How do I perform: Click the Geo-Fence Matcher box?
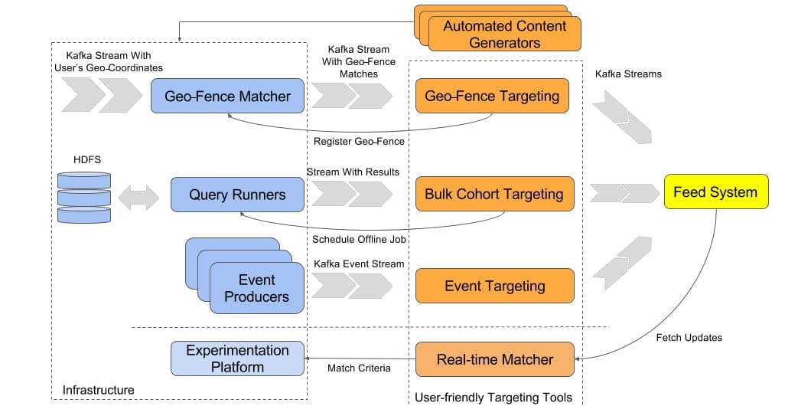coord(227,97)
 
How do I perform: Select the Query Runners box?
coord(237,195)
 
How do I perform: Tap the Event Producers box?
coord(256,288)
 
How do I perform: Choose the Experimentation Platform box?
coord(237,359)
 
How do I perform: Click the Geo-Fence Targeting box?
coord(492,97)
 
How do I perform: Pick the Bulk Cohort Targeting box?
coord(494,195)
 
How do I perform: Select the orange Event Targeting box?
coord(494,286)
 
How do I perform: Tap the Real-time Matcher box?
coord(494,359)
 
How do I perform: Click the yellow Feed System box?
coord(715,192)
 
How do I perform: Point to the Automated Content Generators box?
coord(505,34)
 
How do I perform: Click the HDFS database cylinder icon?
coord(84,197)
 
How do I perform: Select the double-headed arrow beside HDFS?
coord(140,196)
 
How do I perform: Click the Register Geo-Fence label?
coord(359,141)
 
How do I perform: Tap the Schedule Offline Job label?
coord(358,239)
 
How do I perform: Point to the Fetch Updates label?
coord(689,337)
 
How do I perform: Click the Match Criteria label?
coord(359,368)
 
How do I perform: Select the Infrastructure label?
coord(99,390)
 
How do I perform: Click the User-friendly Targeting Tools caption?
coord(493,397)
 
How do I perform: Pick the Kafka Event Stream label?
coord(359,264)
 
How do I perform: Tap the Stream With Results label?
coord(353,172)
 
